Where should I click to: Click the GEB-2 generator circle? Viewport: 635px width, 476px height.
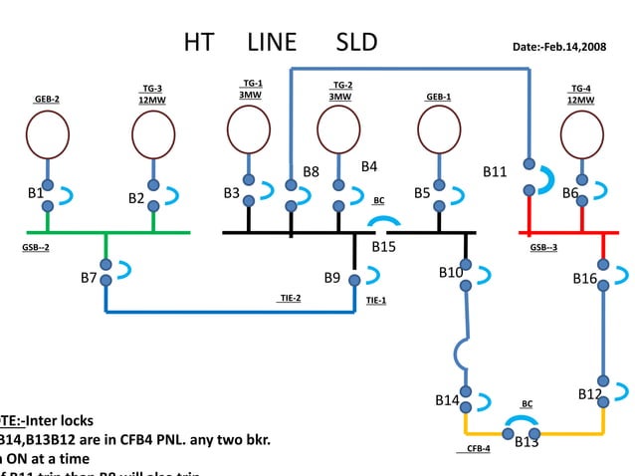pyautogui.click(x=47, y=135)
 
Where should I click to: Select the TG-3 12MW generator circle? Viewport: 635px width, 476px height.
pyautogui.click(x=153, y=135)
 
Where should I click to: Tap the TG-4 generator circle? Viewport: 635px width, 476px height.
pyautogui.click(x=581, y=133)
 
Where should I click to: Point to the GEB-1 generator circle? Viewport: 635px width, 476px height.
pyautogui.click(x=439, y=130)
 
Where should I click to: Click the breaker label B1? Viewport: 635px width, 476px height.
pyautogui.click(x=36, y=191)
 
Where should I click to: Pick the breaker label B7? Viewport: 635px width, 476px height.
pyautogui.click(x=90, y=278)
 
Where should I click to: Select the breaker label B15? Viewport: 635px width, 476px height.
pyautogui.click(x=384, y=246)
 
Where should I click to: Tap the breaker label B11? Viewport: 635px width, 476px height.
pyautogui.click(x=495, y=172)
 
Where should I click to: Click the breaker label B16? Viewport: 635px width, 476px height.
pyautogui.click(x=585, y=280)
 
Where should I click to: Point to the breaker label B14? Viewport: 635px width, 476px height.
pyautogui.click(x=447, y=400)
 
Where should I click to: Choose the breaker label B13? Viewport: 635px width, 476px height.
pyautogui.click(x=527, y=442)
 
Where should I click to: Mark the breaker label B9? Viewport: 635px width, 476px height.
pyautogui.click(x=332, y=277)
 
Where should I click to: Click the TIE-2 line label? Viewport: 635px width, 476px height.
pyautogui.click(x=289, y=298)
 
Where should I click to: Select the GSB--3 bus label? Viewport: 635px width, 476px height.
pyautogui.click(x=543, y=247)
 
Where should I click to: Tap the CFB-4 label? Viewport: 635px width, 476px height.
pyautogui.click(x=479, y=449)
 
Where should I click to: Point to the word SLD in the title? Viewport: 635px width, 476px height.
pyautogui.click(x=356, y=42)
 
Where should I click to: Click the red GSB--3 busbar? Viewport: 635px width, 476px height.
pyautogui.click(x=562, y=233)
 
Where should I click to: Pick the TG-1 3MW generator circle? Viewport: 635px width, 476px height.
pyautogui.click(x=249, y=129)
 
